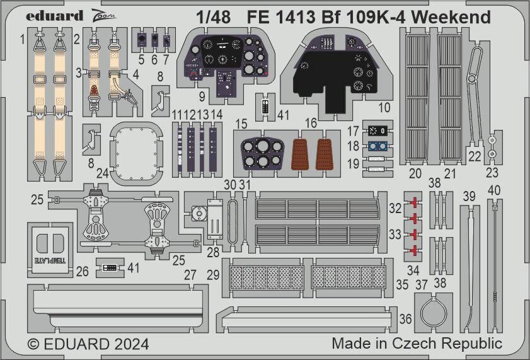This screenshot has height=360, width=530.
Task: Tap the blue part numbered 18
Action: tap(377, 146)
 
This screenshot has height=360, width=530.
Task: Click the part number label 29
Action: tap(213, 276)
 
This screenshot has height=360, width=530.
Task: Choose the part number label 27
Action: tap(190, 275)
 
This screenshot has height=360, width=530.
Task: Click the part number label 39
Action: tap(469, 195)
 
